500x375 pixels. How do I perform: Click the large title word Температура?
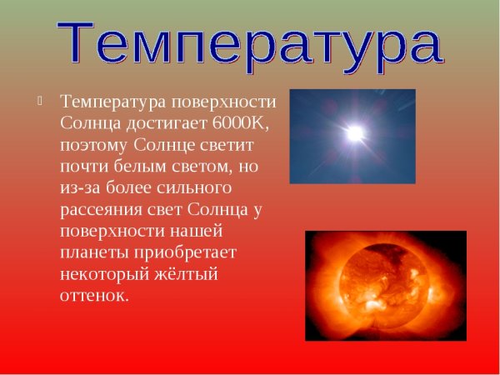pos(249,43)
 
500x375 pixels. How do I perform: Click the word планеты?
pos(92,253)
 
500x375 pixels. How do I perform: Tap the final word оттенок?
pos(94,297)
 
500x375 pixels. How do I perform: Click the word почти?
pos(82,167)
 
